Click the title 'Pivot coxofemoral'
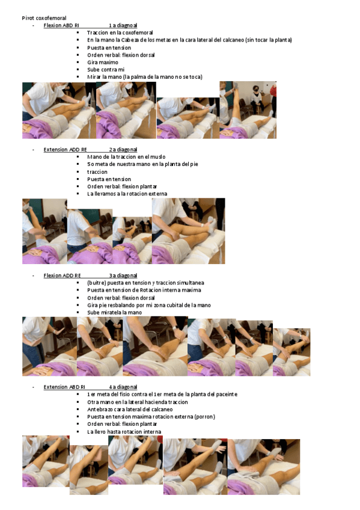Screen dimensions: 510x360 click(x=44, y=18)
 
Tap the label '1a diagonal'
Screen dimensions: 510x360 click(x=123, y=25)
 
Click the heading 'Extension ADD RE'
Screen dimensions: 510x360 click(x=65, y=149)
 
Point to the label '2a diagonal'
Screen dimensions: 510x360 click(x=123, y=149)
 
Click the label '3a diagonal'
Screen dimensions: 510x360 click(x=123, y=275)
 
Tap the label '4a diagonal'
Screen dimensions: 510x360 click(x=123, y=387)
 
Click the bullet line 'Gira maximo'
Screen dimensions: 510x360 click(x=102, y=62)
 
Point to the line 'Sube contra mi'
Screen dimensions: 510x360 click(x=106, y=70)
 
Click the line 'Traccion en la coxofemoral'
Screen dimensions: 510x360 click(x=120, y=32)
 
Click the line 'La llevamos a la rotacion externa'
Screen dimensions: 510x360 click(x=127, y=194)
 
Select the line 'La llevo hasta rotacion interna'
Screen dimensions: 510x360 click(x=124, y=432)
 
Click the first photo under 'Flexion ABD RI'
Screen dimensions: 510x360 click(x=58, y=111)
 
